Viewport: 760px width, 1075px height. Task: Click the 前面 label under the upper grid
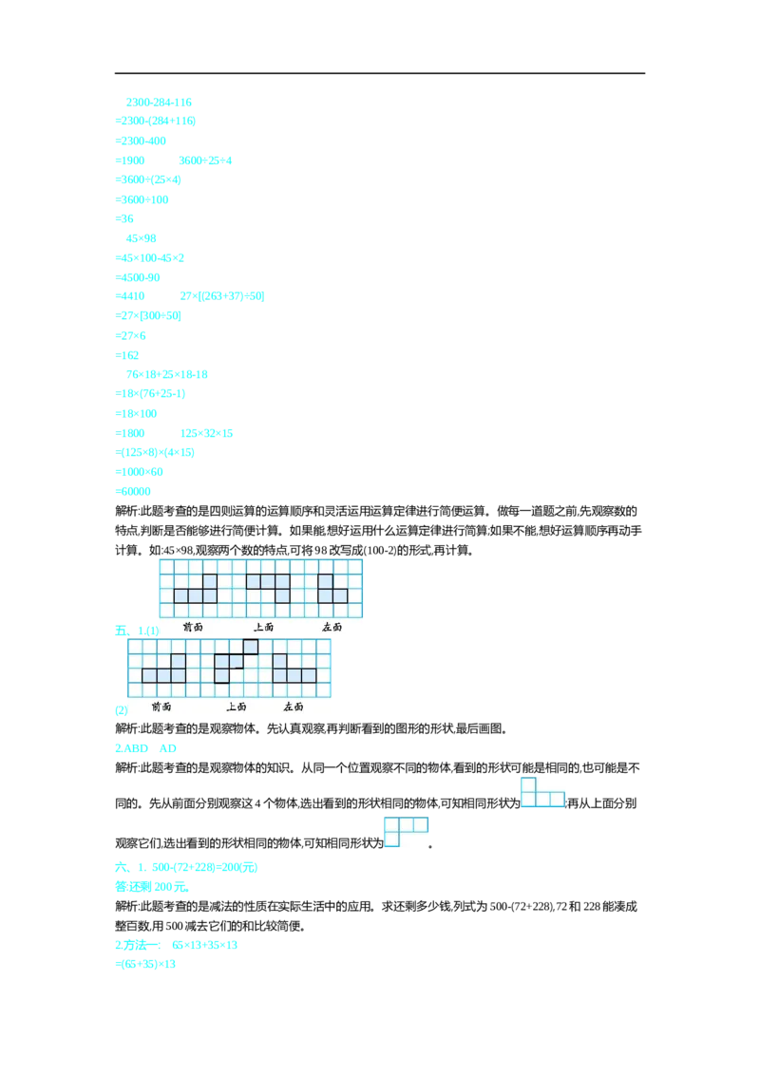pos(193,627)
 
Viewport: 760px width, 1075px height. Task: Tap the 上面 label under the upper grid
pos(263,627)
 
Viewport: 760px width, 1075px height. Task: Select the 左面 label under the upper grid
pos(332,627)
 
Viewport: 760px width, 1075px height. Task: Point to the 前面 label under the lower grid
pos(161,707)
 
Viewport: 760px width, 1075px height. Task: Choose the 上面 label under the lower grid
pos(237,707)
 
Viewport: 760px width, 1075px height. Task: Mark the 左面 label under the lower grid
pos(294,707)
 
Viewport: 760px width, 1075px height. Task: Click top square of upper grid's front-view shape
pos(210,581)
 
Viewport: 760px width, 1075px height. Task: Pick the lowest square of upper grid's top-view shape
pos(282,596)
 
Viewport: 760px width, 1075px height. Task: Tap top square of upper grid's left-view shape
pos(325,581)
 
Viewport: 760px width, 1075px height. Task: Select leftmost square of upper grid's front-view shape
pos(180,596)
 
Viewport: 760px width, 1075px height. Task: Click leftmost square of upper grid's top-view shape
pos(253,581)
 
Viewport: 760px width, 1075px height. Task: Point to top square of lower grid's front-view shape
pos(178,661)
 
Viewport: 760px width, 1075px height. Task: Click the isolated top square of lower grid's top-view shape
pos(251,647)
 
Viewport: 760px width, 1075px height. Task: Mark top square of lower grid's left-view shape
pos(279,661)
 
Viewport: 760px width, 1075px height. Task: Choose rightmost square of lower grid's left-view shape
pos(309,676)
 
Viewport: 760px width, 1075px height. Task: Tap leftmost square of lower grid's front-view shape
pos(149,676)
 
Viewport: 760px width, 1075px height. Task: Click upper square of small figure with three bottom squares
pos(528,784)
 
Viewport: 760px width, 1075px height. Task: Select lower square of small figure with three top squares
pos(391,839)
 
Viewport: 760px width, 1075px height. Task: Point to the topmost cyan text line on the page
pos(160,100)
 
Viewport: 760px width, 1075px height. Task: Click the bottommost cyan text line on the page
pos(147,965)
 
